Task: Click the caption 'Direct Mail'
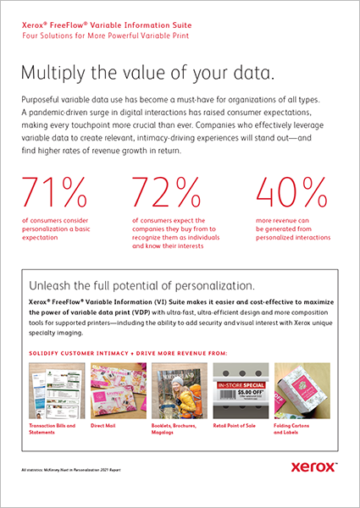click(106, 426)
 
